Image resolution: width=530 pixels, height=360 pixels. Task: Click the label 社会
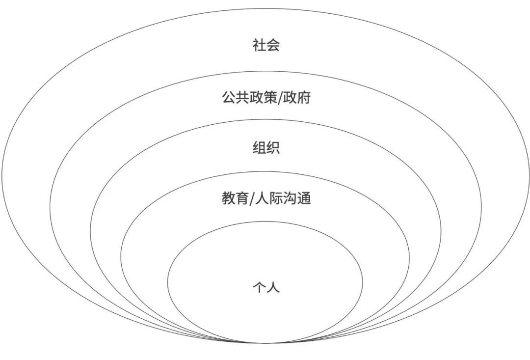point(266,46)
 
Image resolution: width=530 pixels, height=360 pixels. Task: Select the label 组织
point(266,148)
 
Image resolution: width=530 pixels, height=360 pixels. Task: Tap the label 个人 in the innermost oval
point(266,287)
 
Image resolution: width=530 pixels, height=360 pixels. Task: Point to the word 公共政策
point(249,97)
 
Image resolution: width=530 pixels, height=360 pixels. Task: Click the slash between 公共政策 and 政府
point(281,98)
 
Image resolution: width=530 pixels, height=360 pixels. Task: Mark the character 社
point(259,46)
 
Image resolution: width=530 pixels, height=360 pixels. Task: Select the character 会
point(273,46)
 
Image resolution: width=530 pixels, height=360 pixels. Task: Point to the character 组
point(259,148)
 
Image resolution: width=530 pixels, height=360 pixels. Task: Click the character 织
point(273,148)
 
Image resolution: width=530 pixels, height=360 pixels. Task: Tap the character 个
point(259,287)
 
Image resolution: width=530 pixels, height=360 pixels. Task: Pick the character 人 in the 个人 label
point(273,287)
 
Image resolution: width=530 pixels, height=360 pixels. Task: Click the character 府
point(304,97)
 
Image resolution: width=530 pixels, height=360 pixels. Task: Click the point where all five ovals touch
point(265,343)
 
